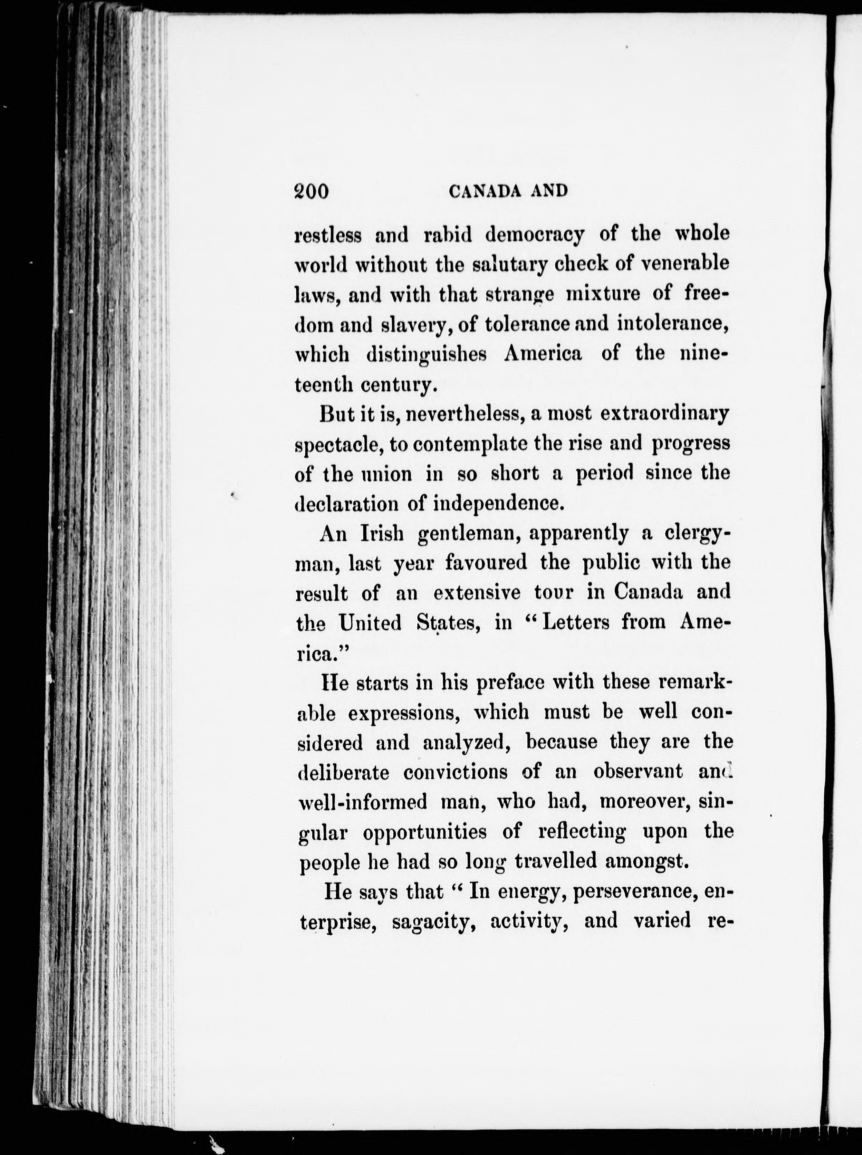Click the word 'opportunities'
tap(425, 832)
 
